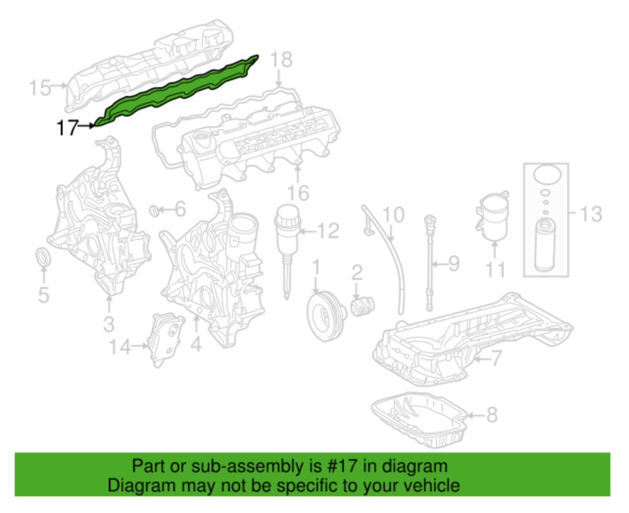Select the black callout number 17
tap(67, 128)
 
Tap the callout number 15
tap(39, 88)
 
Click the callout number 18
tap(281, 60)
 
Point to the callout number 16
tap(298, 193)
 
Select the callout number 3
tap(109, 324)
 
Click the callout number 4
tap(196, 345)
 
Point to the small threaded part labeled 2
tap(362, 306)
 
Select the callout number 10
tap(393, 215)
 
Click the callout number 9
tap(454, 264)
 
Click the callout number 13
tap(591, 214)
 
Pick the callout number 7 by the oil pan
tap(496, 358)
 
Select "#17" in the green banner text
tap(342, 466)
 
